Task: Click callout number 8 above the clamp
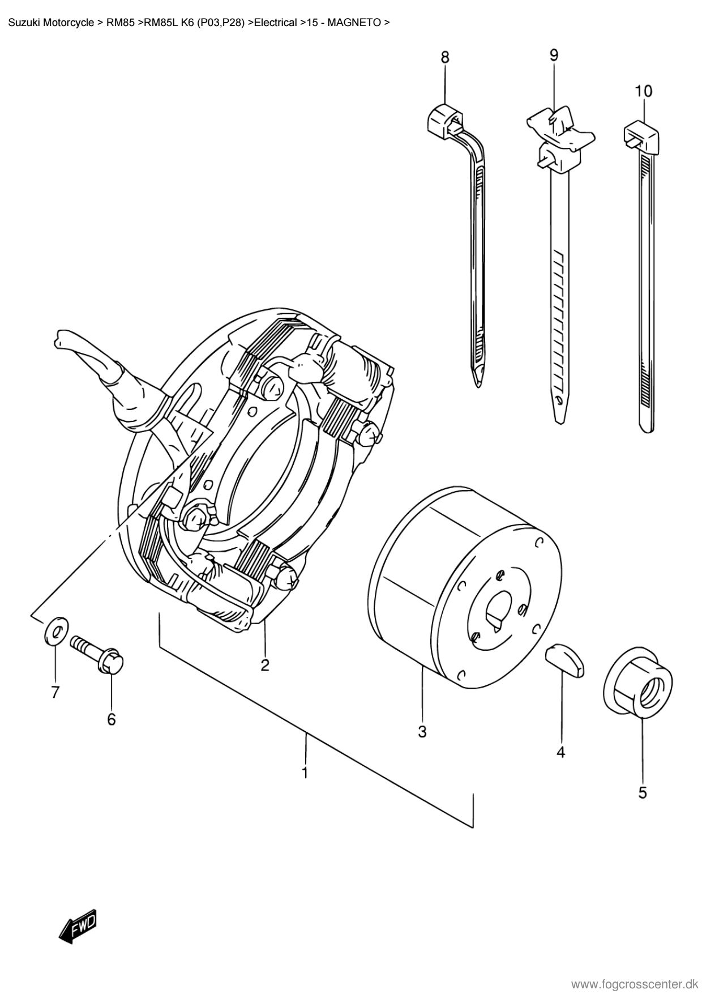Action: pyautogui.click(x=445, y=57)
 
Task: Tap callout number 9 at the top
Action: pyautogui.click(x=554, y=54)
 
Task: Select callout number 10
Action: pyautogui.click(x=643, y=91)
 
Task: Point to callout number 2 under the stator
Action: pyautogui.click(x=265, y=664)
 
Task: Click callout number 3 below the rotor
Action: pyautogui.click(x=422, y=731)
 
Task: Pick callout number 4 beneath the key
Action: pyautogui.click(x=560, y=752)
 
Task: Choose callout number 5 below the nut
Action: pyautogui.click(x=643, y=793)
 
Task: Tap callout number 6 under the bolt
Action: pyautogui.click(x=112, y=719)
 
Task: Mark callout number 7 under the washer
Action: pyautogui.click(x=55, y=692)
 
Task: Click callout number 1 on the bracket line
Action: pyautogui.click(x=305, y=772)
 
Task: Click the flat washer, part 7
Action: pyautogui.click(x=55, y=630)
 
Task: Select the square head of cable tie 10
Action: pyautogui.click(x=642, y=134)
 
